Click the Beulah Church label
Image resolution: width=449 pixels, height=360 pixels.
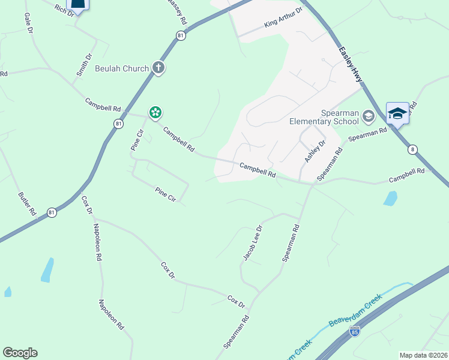tap(121, 68)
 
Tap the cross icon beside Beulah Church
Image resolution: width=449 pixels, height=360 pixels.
tap(158, 67)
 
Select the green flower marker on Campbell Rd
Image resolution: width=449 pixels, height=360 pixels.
tap(155, 112)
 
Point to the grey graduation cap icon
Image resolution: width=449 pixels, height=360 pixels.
tap(368, 115)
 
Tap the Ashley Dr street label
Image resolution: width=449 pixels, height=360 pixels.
tap(314, 151)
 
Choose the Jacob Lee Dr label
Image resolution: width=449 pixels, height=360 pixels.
tap(253, 243)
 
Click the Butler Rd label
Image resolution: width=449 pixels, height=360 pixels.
tap(28, 204)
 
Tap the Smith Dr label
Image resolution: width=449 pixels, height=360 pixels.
tap(84, 65)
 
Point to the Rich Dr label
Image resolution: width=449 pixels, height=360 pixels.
tap(63, 10)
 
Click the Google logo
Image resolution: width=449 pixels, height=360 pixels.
tap(20, 353)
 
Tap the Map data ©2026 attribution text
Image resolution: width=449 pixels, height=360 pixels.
tap(423, 355)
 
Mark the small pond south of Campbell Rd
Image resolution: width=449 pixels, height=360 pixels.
tap(390, 198)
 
